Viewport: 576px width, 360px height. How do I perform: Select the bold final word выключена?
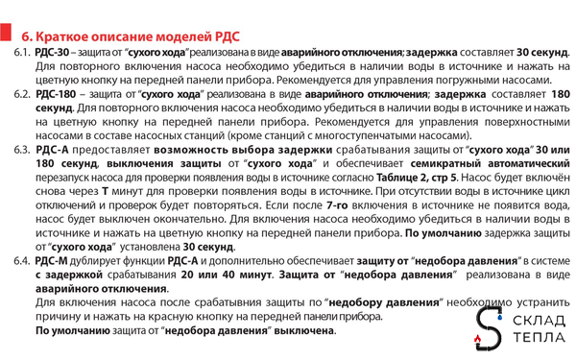(304, 330)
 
